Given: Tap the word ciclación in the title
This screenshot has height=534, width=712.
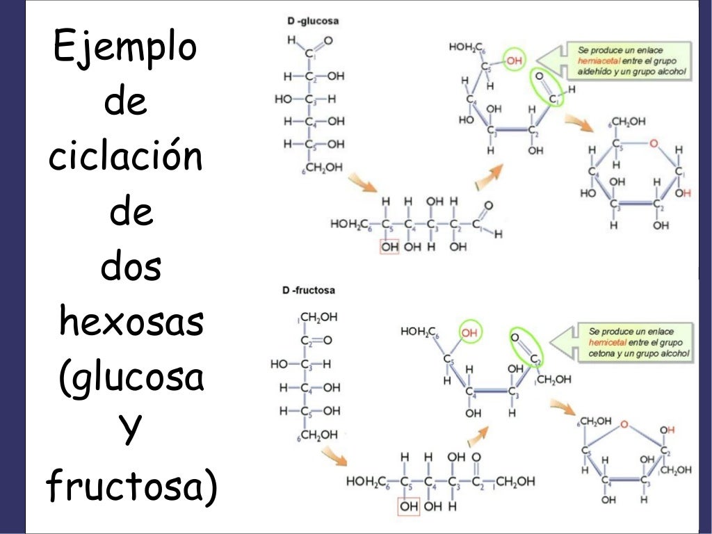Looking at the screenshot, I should [x=126, y=157].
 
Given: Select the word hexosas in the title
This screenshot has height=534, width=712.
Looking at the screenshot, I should [x=131, y=323].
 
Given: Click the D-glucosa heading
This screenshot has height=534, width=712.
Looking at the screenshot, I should [x=313, y=22].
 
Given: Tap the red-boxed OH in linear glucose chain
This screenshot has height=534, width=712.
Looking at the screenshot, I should [x=389, y=247].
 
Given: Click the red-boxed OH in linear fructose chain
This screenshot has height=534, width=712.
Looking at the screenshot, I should [x=408, y=506].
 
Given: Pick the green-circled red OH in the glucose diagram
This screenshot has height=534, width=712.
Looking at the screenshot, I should [x=514, y=62].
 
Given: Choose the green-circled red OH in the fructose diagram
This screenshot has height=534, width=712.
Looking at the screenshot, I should [x=469, y=332].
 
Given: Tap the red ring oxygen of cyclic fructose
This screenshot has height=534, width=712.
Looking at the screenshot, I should [x=624, y=423].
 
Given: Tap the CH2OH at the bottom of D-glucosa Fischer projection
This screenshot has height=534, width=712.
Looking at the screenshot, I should [x=323, y=168].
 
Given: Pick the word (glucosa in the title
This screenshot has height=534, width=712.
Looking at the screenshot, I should [x=131, y=378].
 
